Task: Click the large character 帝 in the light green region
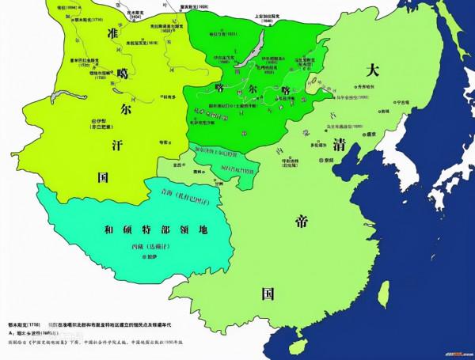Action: point(302,218)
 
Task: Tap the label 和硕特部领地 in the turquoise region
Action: point(142,229)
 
